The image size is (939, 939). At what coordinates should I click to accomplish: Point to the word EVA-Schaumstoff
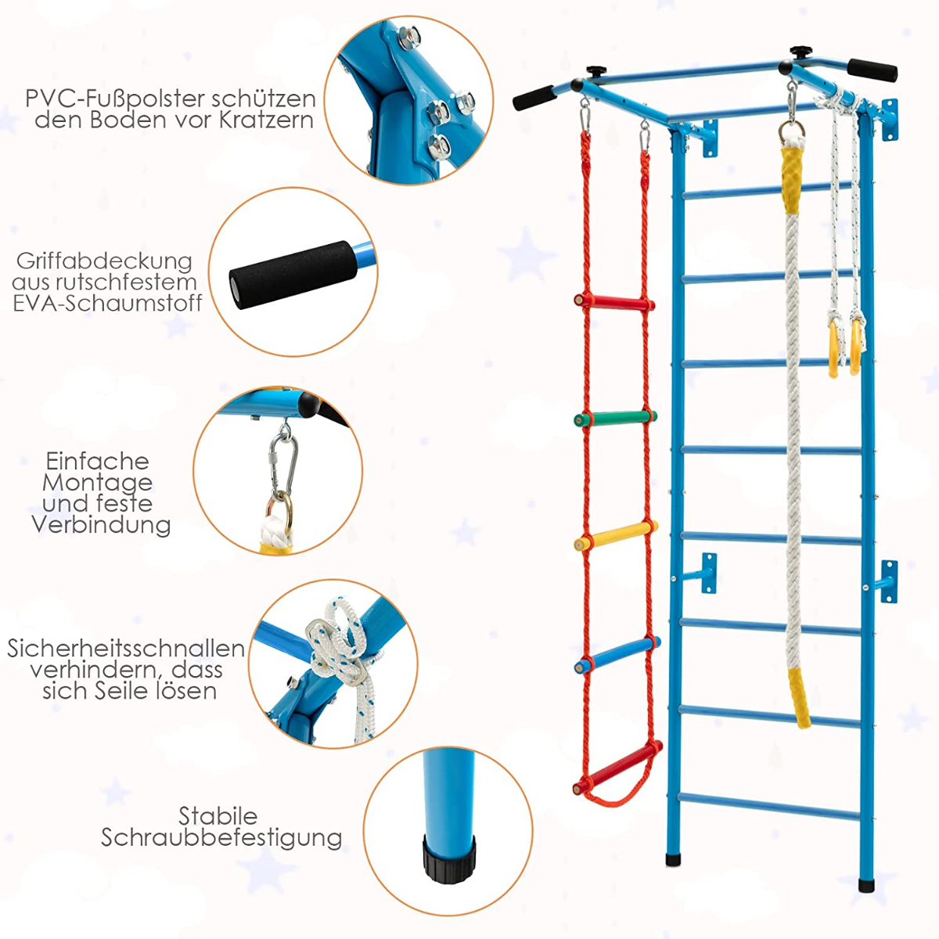tap(107, 304)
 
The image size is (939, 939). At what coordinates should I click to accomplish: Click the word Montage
tap(97, 483)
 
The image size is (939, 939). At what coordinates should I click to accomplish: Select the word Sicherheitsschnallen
tap(126, 649)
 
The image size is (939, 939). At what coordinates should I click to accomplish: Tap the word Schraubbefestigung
tap(221, 838)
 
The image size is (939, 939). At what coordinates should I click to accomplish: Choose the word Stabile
tap(218, 816)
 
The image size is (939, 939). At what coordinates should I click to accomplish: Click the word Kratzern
tap(267, 120)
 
